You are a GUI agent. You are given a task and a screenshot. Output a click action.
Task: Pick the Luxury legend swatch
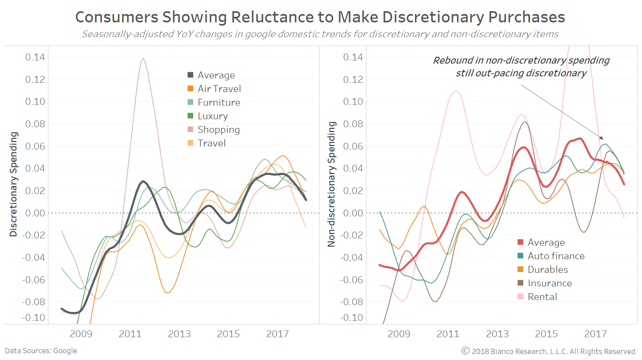pyautogui.click(x=190, y=116)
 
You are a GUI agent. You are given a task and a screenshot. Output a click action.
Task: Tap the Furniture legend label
pyautogui.click(x=219, y=102)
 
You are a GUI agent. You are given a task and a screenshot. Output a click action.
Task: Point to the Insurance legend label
pyautogui.click(x=550, y=283)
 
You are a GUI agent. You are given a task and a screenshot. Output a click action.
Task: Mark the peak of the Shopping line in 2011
pyautogui.click(x=143, y=58)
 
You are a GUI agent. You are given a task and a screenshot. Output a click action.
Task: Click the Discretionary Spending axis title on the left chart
pyautogui.click(x=14, y=184)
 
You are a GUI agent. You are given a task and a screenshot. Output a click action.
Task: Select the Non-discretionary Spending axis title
pyautogui.click(x=331, y=184)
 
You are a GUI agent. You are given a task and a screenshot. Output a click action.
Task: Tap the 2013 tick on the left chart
pyautogui.click(x=179, y=334)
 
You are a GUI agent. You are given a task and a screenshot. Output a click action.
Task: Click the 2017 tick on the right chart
pyautogui.click(x=595, y=334)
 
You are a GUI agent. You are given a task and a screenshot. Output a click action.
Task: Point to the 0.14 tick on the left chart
pyautogui.click(x=35, y=57)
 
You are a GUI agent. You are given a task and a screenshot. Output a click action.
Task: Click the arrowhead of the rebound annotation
pyautogui.click(x=602, y=138)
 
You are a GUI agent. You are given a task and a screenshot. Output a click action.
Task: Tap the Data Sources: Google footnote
pyautogui.click(x=41, y=351)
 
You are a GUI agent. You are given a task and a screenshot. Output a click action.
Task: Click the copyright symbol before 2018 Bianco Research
pyautogui.click(x=465, y=351)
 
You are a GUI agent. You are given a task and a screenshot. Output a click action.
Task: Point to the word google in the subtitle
pyautogui.click(x=260, y=34)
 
